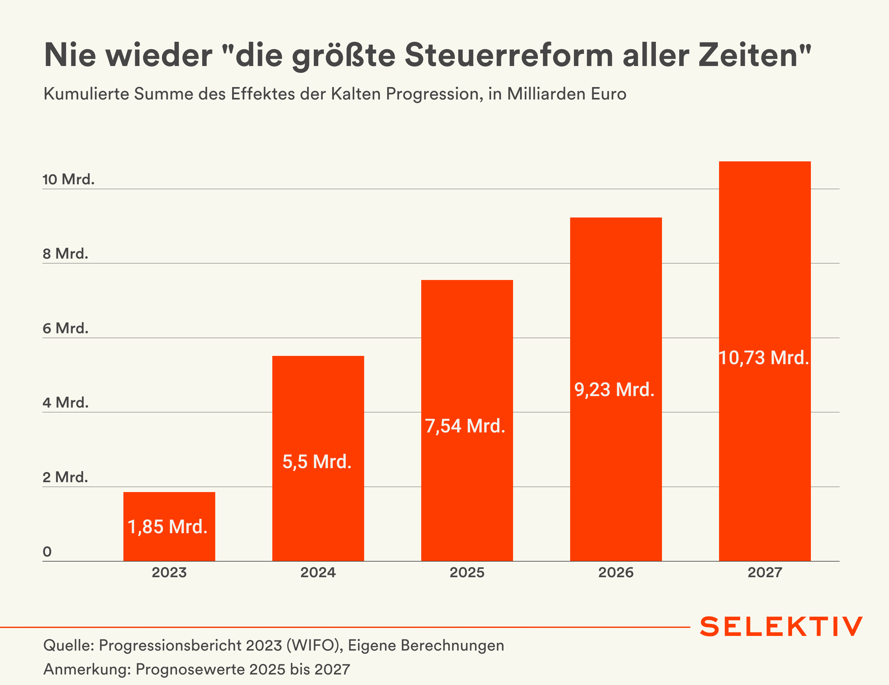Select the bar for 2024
click(318, 407)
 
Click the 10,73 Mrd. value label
click(764, 358)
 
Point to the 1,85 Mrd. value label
click(168, 527)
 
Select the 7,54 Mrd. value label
click(465, 426)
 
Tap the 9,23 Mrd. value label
click(614, 389)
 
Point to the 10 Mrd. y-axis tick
click(68, 180)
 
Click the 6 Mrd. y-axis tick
click(66, 328)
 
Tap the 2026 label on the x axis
click(616, 573)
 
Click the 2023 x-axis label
click(169, 573)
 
